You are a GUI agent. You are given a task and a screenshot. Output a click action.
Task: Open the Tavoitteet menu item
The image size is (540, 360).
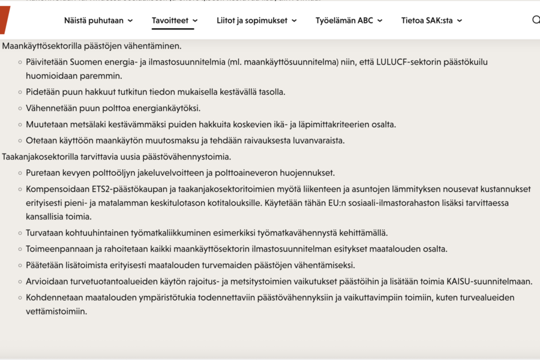(x=170, y=20)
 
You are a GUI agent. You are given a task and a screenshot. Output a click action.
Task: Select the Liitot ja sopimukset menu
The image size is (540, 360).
(x=252, y=20)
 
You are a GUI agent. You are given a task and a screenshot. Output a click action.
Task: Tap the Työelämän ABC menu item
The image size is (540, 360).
(x=344, y=20)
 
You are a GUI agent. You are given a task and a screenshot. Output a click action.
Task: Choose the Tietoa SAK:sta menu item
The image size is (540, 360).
(x=427, y=20)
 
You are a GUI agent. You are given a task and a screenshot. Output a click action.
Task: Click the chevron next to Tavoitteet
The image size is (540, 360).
(x=195, y=20)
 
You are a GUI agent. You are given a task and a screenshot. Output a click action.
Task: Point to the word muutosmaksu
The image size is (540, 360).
(x=182, y=140)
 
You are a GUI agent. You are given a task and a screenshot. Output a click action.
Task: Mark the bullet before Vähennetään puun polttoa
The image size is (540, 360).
(x=20, y=109)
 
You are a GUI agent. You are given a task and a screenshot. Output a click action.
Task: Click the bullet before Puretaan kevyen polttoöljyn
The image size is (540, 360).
(x=20, y=173)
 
